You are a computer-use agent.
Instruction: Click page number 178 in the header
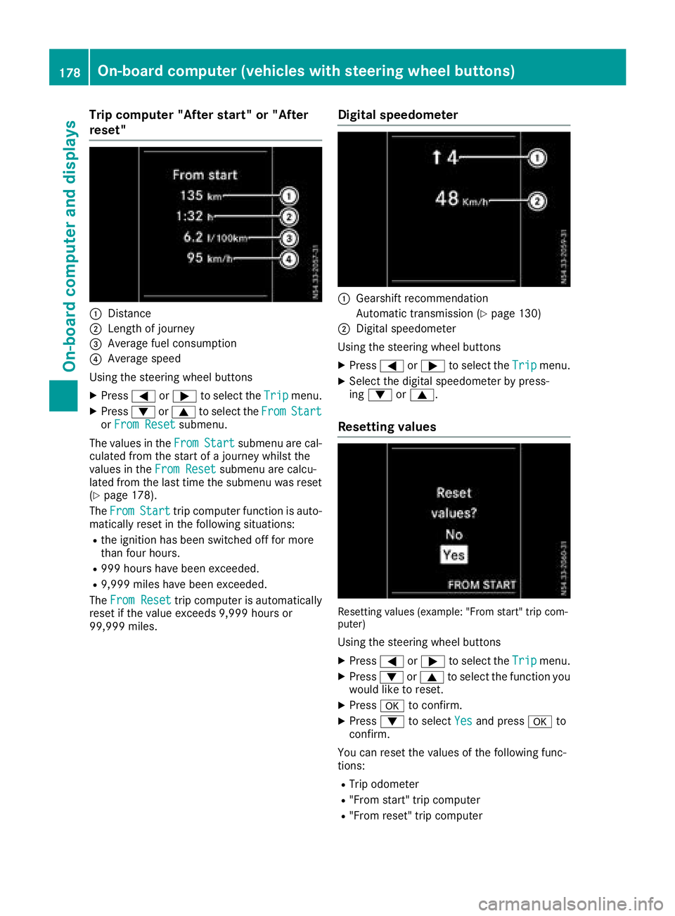[x=70, y=72]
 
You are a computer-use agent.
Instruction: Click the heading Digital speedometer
[x=398, y=115]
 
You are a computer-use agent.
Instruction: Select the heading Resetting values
[x=387, y=427]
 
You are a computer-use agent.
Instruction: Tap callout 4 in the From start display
[x=289, y=260]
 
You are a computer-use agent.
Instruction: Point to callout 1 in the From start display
[x=289, y=196]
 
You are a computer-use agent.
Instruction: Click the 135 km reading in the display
[x=200, y=196]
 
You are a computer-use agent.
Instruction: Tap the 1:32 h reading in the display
[x=195, y=217]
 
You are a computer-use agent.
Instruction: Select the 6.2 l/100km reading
[x=214, y=238]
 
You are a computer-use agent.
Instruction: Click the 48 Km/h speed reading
[x=461, y=200]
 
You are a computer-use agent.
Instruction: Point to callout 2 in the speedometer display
[x=537, y=201]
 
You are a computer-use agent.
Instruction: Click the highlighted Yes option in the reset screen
[x=454, y=555]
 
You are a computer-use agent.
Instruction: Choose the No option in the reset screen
[x=454, y=535]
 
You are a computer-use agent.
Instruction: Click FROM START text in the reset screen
[x=482, y=585]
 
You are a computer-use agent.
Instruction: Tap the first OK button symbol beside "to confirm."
[x=392, y=706]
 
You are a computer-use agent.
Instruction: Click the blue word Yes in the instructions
[x=463, y=721]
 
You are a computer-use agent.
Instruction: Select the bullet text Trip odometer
[x=384, y=784]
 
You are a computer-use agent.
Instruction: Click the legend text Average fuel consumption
[x=172, y=343]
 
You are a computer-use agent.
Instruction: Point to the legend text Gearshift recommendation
[x=422, y=298]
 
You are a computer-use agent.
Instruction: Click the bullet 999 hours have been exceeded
[x=180, y=568]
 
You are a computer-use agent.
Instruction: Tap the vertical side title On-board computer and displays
[x=70, y=246]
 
